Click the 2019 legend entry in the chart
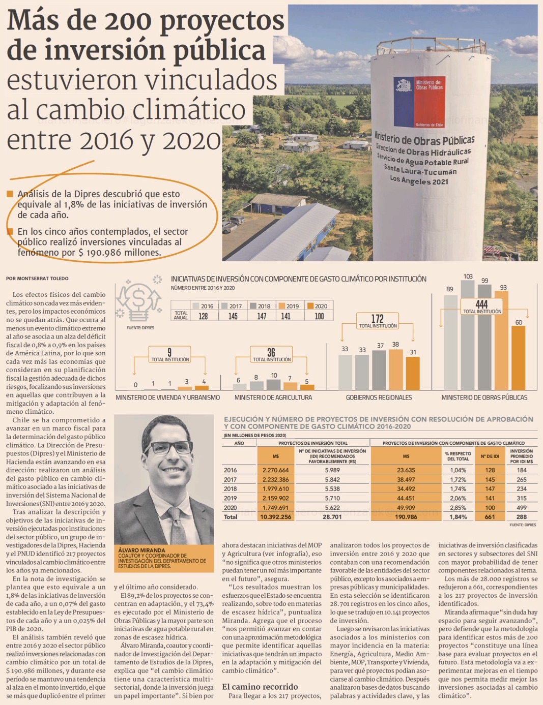[289, 306]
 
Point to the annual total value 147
[262, 316]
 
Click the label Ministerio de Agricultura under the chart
[273, 397]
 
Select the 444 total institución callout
[481, 306]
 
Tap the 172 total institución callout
[378, 321]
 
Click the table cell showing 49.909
[406, 507]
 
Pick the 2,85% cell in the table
[458, 507]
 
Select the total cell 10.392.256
[275, 516]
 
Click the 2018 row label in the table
[230, 488]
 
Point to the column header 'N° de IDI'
[490, 456]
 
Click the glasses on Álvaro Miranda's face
[168, 448]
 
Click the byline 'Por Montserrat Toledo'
[37, 279]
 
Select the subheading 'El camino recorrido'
[260, 687]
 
